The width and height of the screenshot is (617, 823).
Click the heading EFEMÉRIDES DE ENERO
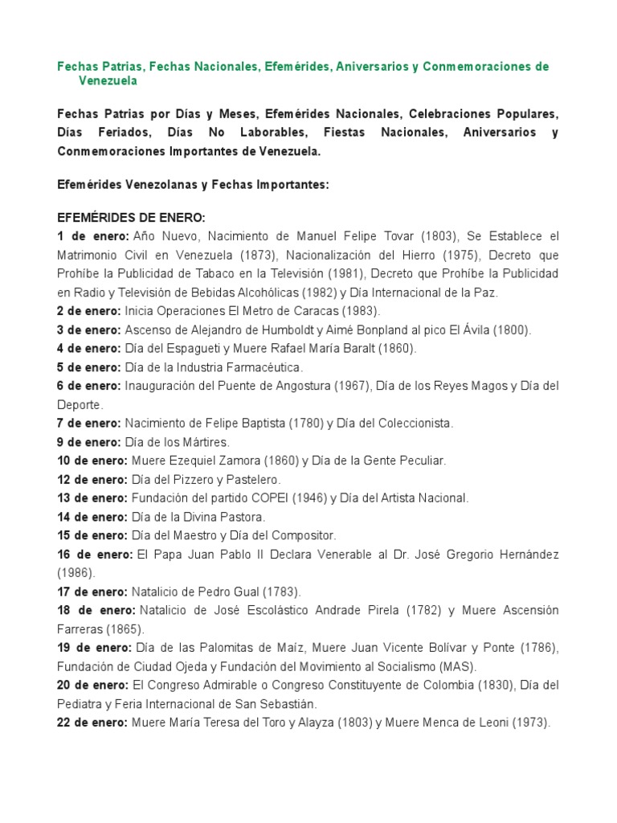point(132,218)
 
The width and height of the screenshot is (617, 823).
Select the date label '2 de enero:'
point(88,311)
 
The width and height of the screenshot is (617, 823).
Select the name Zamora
point(235,461)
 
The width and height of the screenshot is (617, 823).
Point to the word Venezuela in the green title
point(108,80)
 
